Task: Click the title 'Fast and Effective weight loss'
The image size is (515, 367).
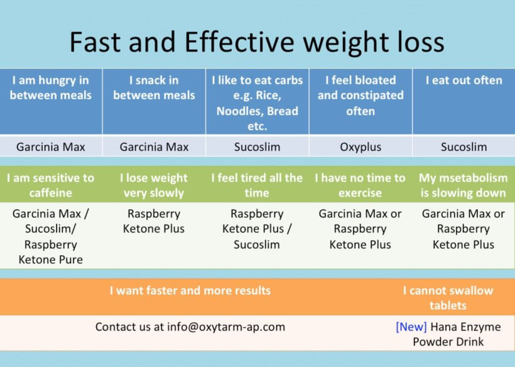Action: (257, 42)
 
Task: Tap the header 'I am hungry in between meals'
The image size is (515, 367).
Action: (51, 88)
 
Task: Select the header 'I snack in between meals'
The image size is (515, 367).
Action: (154, 88)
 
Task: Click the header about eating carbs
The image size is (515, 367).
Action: (257, 103)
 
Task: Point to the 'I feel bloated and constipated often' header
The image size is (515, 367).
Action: (360, 96)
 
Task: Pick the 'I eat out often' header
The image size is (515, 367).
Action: (463, 80)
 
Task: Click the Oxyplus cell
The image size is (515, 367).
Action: (360, 146)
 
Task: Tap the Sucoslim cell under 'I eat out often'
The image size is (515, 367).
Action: (463, 146)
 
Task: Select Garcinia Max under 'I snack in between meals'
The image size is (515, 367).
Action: (154, 146)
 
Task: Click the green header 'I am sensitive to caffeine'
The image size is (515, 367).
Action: (51, 185)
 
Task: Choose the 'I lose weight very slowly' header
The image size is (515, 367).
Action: (154, 185)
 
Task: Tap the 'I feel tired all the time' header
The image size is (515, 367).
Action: (257, 185)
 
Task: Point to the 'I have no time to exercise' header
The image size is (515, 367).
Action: (360, 185)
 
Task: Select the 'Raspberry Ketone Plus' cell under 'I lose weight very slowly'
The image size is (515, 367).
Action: (154, 221)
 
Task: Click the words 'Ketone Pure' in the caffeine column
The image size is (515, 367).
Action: (51, 260)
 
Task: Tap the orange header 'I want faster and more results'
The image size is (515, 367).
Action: (190, 290)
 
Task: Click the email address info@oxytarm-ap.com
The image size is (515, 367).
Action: (226, 327)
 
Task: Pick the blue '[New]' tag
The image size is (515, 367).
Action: (411, 327)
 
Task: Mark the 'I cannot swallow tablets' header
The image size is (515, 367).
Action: (448, 298)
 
